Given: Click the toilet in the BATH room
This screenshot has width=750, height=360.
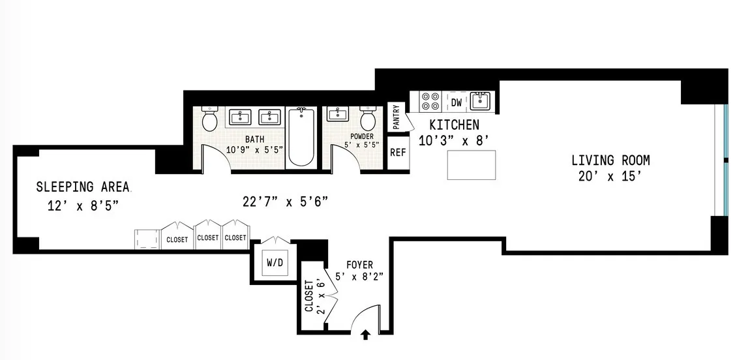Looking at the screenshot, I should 210,119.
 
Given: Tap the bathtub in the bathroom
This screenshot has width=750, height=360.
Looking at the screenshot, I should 301,137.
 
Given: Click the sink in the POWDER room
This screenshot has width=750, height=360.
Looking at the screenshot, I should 337,115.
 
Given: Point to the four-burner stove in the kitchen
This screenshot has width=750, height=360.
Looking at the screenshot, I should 430,101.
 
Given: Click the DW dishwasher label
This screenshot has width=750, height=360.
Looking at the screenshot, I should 457,102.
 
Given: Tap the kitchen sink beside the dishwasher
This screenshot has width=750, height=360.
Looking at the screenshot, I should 482,101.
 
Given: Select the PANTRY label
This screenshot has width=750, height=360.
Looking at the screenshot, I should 396,117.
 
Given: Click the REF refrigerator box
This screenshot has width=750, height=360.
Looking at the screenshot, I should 397,153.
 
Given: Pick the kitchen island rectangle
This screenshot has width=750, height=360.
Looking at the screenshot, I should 471,164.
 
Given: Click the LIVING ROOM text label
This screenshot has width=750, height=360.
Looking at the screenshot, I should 610,160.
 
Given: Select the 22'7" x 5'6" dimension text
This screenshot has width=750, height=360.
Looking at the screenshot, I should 284,202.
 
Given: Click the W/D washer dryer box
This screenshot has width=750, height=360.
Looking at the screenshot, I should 273,263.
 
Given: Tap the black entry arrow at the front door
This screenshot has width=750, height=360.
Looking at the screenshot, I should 366,336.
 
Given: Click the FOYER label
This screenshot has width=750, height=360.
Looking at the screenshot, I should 359,265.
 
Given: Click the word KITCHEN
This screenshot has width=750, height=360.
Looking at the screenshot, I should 453,125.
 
